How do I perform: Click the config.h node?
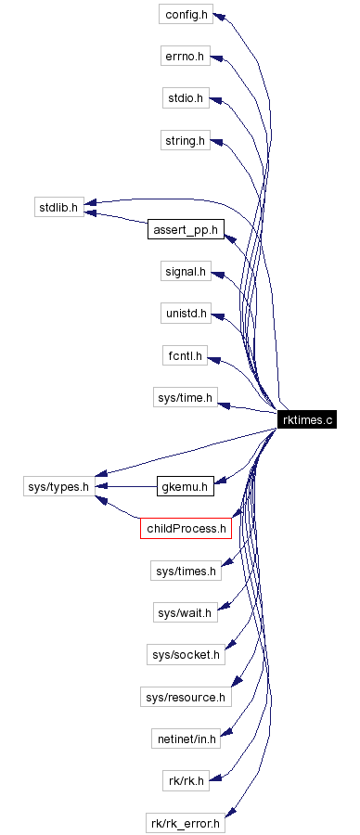(x=185, y=16)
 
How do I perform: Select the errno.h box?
(x=185, y=58)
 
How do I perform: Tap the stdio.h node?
(x=185, y=99)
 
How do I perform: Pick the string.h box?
(x=185, y=141)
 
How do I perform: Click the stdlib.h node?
(x=58, y=205)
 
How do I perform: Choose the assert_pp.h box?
(x=186, y=228)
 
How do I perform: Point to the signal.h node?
(x=185, y=272)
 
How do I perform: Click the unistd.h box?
(x=185, y=315)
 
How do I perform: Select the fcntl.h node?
(x=185, y=356)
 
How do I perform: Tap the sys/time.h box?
(x=185, y=398)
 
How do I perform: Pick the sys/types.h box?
(x=58, y=485)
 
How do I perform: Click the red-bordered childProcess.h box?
(x=186, y=528)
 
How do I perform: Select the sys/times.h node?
(x=185, y=571)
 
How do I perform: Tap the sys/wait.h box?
(x=185, y=612)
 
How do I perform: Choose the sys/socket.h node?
(x=186, y=655)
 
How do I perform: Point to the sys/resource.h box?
(x=186, y=697)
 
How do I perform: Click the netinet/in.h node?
(x=185, y=739)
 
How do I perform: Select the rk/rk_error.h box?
(x=186, y=822)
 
